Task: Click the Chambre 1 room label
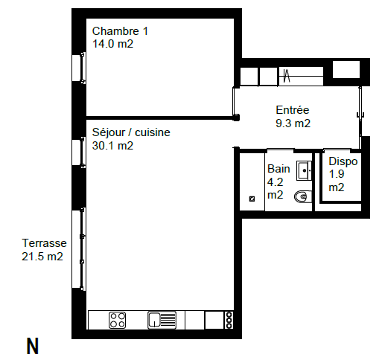(x=120, y=31)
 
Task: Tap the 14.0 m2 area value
(x=112, y=44)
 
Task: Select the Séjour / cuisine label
(x=131, y=132)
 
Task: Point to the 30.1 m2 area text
(x=112, y=146)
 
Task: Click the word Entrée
(x=293, y=110)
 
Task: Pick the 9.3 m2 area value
(x=293, y=123)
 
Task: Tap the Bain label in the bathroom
(x=278, y=169)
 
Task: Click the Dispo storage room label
(x=343, y=162)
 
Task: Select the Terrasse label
(x=44, y=243)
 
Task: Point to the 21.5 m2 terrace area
(x=42, y=257)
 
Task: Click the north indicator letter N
(x=33, y=347)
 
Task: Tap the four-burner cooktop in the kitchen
(x=117, y=320)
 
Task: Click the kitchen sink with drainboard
(x=162, y=320)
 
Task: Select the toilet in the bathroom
(x=303, y=197)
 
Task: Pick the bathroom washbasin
(x=304, y=171)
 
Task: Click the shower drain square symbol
(x=252, y=199)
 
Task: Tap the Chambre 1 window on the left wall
(x=79, y=68)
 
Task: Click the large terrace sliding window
(x=79, y=249)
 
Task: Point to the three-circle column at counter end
(x=229, y=320)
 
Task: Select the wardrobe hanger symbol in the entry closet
(x=287, y=76)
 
